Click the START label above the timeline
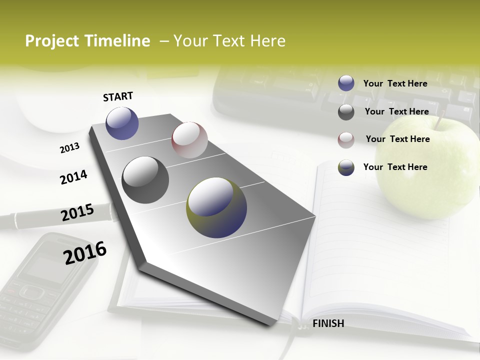click(118, 96)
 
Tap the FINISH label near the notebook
click(328, 323)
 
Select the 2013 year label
click(69, 148)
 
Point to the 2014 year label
click(73, 177)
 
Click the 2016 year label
click(85, 253)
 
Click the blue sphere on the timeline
click(122, 123)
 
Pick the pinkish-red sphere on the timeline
click(189, 140)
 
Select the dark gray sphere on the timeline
click(145, 180)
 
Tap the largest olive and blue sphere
click(216, 207)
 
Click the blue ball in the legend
click(346, 83)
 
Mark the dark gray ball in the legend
click(346, 112)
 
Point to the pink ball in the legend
click(346, 140)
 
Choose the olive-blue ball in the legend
click(346, 167)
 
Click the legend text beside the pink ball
click(397, 139)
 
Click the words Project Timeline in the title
click(87, 41)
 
